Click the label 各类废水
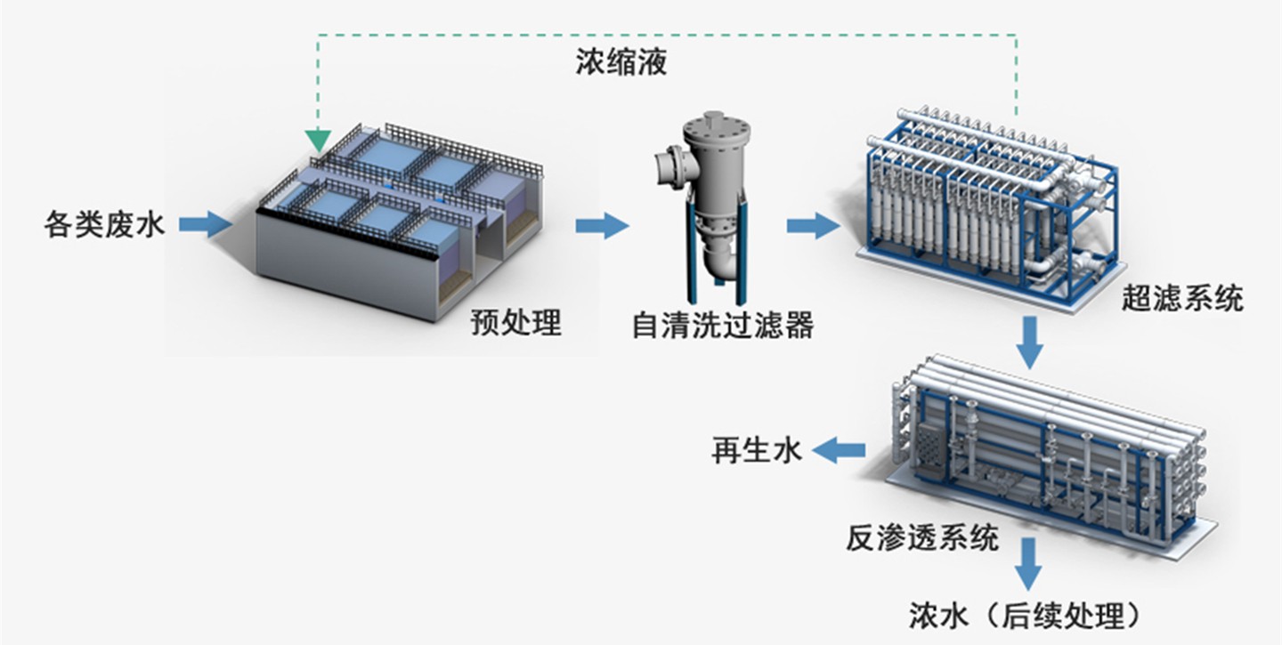(104, 223)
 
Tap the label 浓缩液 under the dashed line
(621, 63)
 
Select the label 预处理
(516, 323)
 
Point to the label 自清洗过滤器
(723, 325)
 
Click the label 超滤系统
(1181, 299)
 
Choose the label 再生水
(756, 450)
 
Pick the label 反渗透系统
(922, 537)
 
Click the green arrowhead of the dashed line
(318, 140)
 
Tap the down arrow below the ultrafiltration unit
(1030, 343)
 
